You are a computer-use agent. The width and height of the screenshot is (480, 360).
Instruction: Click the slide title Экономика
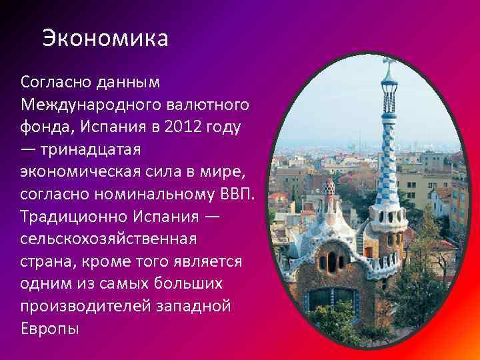[x=105, y=38]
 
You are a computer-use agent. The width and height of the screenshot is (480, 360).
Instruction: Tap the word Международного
[x=81, y=105]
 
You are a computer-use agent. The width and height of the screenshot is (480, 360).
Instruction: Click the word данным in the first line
[x=129, y=82]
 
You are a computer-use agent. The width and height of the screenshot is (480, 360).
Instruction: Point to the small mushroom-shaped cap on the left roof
[x=328, y=189]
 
